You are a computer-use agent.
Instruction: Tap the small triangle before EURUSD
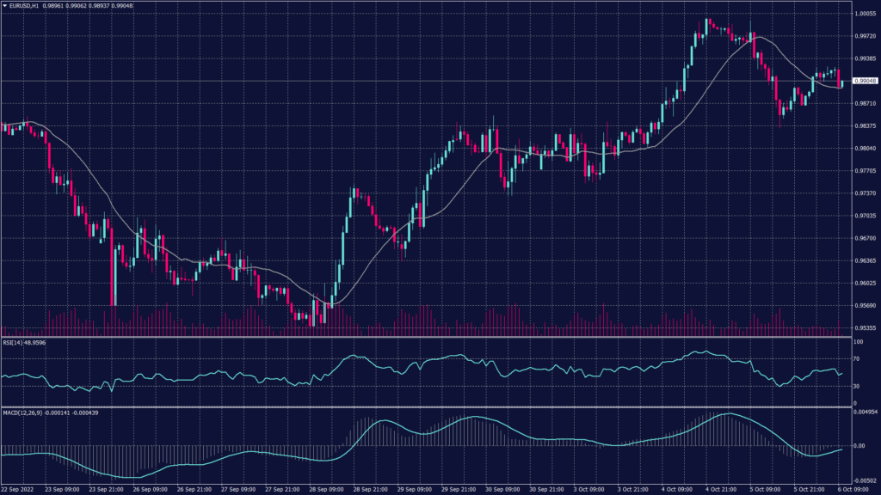[4, 6]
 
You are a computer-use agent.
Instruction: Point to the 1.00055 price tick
[865, 14]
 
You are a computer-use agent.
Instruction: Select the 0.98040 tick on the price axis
[865, 148]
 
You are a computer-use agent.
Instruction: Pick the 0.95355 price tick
[865, 327]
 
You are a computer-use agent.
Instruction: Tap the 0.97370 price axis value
[865, 193]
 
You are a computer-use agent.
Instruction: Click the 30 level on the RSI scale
[857, 386]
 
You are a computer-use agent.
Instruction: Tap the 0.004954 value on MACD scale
[865, 413]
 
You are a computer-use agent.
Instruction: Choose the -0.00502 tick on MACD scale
[865, 481]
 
